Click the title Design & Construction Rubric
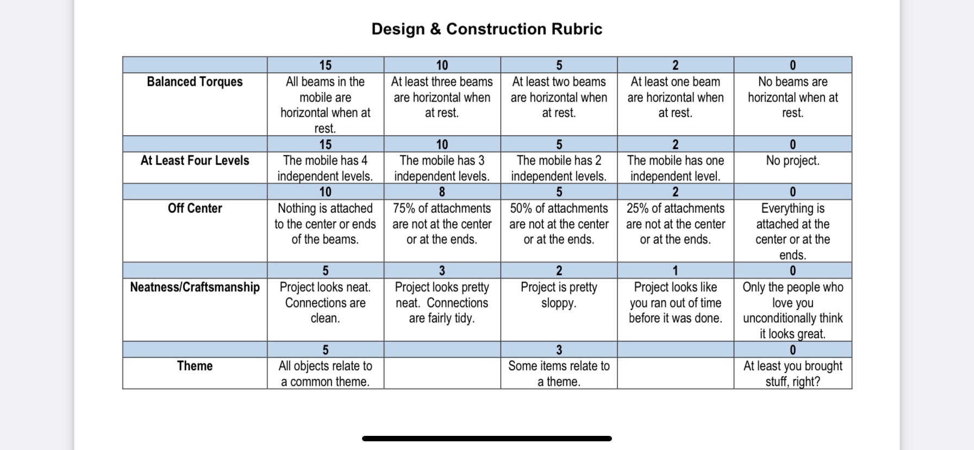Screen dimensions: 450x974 486,29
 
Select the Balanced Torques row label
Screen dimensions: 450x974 195,82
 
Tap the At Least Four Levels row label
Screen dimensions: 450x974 195,160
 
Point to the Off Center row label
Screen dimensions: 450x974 195,208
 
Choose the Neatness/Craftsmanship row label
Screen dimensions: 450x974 195,287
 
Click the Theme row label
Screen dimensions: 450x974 195,366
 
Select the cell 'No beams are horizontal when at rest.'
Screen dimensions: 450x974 792,97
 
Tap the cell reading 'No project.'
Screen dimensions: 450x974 792,160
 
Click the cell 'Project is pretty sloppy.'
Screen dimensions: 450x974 559,295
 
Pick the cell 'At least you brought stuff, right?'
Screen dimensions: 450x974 792,373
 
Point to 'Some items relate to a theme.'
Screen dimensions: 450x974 559,373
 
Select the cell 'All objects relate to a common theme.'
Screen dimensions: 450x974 325,373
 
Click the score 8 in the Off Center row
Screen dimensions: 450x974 442,192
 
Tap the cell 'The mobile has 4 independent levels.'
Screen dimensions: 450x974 325,168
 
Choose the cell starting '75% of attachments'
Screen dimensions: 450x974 442,224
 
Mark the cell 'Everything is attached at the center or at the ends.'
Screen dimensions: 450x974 792,232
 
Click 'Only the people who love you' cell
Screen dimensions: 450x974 792,310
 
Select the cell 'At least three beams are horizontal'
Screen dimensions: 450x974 442,97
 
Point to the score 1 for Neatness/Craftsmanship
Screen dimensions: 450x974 675,271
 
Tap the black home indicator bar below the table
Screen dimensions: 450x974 486,439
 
